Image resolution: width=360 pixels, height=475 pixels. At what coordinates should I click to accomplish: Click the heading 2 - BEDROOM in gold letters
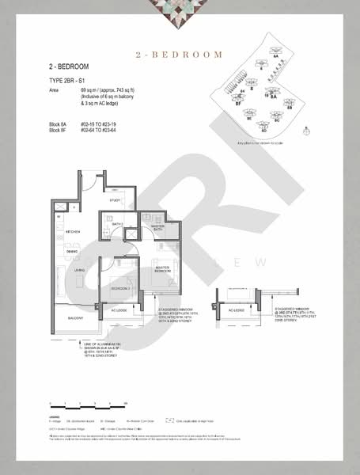(179, 55)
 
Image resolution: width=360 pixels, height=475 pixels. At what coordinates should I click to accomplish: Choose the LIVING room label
(80, 271)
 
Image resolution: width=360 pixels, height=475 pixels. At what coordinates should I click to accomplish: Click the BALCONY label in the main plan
(75, 318)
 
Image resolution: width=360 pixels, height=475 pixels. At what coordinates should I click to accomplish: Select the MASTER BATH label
(157, 228)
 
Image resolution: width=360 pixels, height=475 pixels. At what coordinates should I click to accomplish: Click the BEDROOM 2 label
(120, 289)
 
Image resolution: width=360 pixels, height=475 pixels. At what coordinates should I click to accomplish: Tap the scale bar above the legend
(86, 402)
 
